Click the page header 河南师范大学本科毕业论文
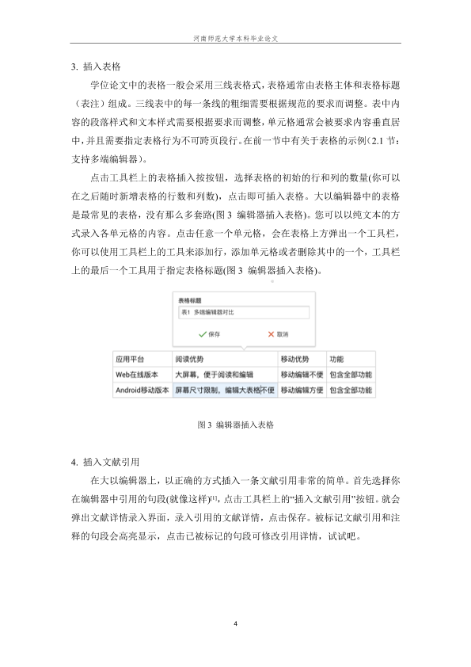235,38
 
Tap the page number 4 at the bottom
236,624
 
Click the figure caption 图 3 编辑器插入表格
235,425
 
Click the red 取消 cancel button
278,334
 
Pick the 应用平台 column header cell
130,358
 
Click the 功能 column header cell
336,358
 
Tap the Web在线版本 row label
137,373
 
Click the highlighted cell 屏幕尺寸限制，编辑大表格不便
224,390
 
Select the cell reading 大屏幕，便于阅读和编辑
213,373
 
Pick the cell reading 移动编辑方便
301,390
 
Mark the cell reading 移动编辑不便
301,373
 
